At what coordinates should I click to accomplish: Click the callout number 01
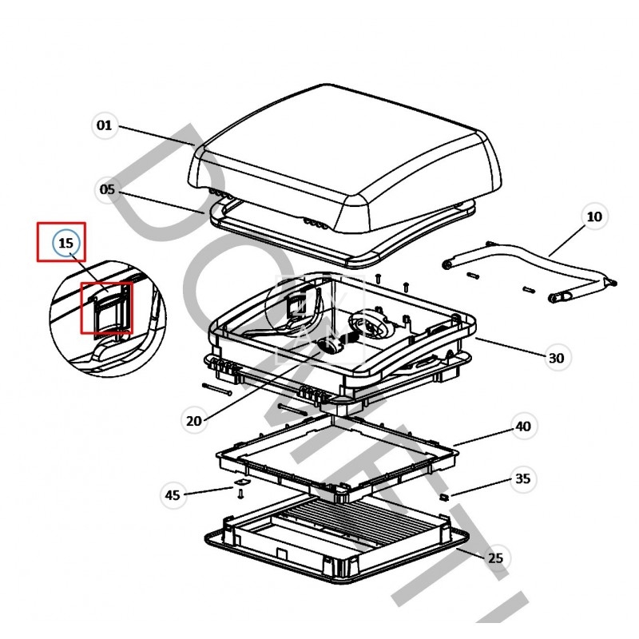point(104,125)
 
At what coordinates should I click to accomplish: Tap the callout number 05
point(107,189)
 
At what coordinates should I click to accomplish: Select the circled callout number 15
point(66,242)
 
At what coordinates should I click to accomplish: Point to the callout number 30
point(556,358)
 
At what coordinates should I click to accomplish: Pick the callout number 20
point(194,420)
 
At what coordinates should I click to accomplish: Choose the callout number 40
point(522,427)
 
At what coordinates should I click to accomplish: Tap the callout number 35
point(522,479)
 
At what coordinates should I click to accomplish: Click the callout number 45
point(173,494)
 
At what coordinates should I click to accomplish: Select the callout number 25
point(495,558)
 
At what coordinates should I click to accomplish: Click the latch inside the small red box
point(105,307)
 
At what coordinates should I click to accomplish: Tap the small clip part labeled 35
point(445,497)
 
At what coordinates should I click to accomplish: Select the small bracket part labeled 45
point(240,485)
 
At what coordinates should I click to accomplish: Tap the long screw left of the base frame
point(216,389)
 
